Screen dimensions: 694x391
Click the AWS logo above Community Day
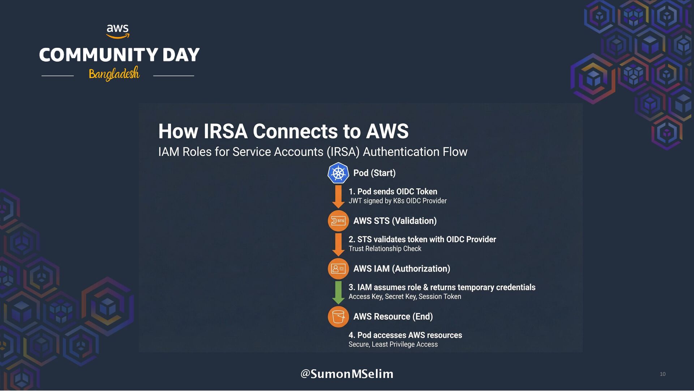click(117, 31)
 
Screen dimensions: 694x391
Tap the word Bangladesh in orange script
click(114, 74)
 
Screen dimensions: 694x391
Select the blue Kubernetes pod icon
click(338, 173)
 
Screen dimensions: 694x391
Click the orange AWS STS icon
click(338, 221)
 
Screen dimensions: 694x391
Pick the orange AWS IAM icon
click(338, 269)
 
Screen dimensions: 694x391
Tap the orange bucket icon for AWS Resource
click(338, 316)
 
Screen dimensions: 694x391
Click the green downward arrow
click(338, 292)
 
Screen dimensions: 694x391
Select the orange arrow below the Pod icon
click(338, 196)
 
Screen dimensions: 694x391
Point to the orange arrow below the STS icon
click(338, 244)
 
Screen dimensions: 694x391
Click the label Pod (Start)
click(374, 173)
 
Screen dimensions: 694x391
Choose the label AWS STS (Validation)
click(395, 221)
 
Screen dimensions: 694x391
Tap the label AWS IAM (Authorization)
click(402, 269)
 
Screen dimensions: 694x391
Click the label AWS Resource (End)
click(393, 316)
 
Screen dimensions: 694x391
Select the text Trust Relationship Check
click(385, 249)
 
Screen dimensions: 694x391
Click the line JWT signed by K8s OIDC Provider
click(397, 201)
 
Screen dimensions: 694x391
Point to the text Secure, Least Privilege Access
click(393, 344)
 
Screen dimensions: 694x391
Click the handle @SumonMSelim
click(347, 374)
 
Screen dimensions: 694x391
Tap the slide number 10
click(663, 374)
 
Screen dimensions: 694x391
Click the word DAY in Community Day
click(181, 55)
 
